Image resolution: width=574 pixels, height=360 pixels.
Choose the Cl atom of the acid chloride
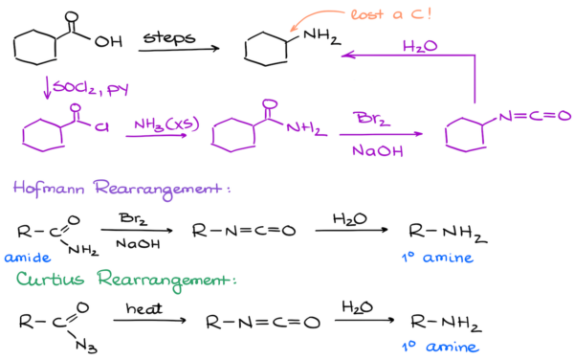pos(99,124)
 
